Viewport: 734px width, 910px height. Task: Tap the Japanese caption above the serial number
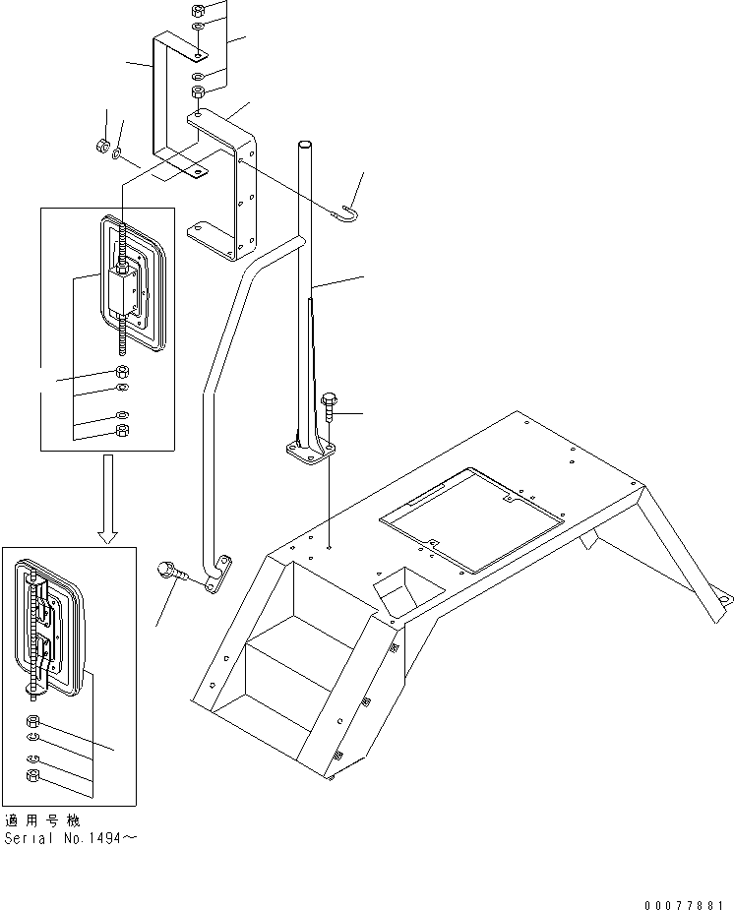42,820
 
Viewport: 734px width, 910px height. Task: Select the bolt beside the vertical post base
329,404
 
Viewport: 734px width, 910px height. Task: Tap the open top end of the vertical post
304,146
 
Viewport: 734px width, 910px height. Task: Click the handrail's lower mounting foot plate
219,575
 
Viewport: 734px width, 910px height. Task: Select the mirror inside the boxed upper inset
133,285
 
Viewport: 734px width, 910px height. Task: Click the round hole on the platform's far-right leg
723,598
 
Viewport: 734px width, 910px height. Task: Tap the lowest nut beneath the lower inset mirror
33,776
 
